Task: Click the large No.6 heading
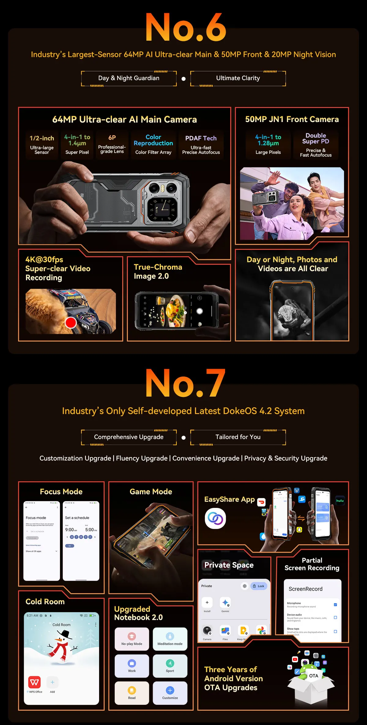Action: click(x=186, y=28)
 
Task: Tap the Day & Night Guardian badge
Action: click(x=129, y=78)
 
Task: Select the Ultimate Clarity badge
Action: click(x=238, y=78)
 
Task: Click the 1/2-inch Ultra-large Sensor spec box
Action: click(x=42, y=145)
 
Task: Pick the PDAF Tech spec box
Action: click(x=201, y=145)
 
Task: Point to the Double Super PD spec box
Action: click(x=316, y=145)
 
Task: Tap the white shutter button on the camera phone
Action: click(x=200, y=311)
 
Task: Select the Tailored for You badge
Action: click(x=238, y=437)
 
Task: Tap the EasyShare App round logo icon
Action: click(x=215, y=518)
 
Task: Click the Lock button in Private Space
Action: click(x=259, y=586)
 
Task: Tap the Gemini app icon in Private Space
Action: click(x=225, y=603)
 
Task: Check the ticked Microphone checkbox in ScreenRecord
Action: click(x=335, y=605)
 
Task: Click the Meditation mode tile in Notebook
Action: click(x=170, y=639)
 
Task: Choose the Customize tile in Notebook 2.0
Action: click(x=170, y=693)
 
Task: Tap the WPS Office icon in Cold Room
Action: click(x=35, y=682)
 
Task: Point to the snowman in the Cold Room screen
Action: click(x=62, y=647)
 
